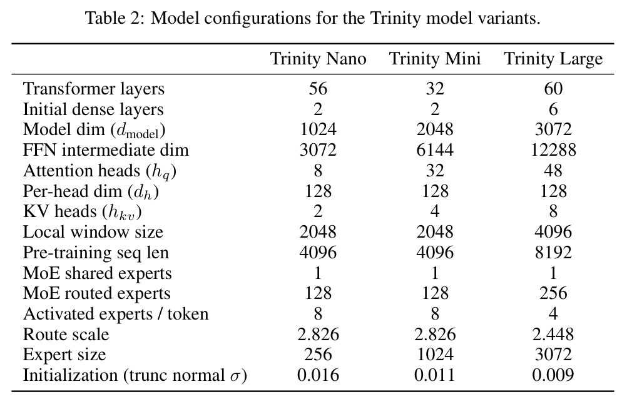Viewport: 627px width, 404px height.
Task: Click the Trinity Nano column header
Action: (x=319, y=59)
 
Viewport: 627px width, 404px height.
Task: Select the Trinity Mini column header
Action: (x=435, y=59)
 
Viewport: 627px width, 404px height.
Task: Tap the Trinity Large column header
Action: (x=553, y=59)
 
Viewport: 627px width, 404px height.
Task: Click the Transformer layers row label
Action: (x=94, y=89)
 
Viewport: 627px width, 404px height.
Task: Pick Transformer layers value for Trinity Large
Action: (x=553, y=89)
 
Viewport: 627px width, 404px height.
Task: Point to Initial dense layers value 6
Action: (x=553, y=109)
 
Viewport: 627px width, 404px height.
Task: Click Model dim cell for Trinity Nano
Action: (x=319, y=129)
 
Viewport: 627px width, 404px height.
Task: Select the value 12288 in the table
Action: (x=553, y=150)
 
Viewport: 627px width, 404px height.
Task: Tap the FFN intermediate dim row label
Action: (x=106, y=150)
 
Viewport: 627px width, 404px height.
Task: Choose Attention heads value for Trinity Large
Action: (x=553, y=171)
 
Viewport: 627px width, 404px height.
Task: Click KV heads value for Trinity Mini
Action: (x=435, y=211)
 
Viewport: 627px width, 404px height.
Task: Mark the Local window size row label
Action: (x=93, y=232)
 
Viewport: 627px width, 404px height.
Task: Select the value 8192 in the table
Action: (x=553, y=253)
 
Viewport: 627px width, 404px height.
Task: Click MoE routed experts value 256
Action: (x=553, y=293)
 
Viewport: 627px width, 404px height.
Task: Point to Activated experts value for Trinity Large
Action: (x=553, y=314)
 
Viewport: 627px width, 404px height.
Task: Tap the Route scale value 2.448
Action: (x=553, y=335)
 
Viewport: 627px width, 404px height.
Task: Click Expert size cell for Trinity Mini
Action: (x=435, y=355)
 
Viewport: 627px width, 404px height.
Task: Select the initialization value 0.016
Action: (x=319, y=375)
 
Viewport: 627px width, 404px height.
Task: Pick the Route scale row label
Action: (x=66, y=335)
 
